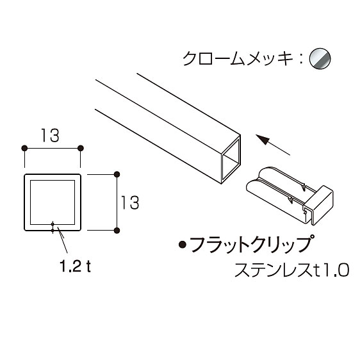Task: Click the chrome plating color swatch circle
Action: coord(320,58)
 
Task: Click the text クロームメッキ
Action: coord(238,58)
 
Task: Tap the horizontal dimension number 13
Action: coord(50,135)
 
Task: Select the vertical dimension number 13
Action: coord(130,202)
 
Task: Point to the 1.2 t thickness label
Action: coord(75,266)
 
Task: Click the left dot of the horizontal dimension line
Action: coord(24,149)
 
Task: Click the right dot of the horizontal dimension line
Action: coord(80,149)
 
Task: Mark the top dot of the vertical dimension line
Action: coord(117,174)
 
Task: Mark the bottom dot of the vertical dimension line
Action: coord(117,231)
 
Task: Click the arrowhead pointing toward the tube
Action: coord(263,140)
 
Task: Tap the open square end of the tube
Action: coord(231,159)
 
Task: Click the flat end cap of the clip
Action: coord(320,205)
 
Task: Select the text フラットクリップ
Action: coord(251,244)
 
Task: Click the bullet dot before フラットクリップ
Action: coord(183,245)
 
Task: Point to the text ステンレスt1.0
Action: coord(292,270)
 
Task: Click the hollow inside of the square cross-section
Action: coord(53,202)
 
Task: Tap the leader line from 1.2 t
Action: coord(62,240)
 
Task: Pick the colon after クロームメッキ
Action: coord(301,59)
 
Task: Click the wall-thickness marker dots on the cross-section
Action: coord(53,227)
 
